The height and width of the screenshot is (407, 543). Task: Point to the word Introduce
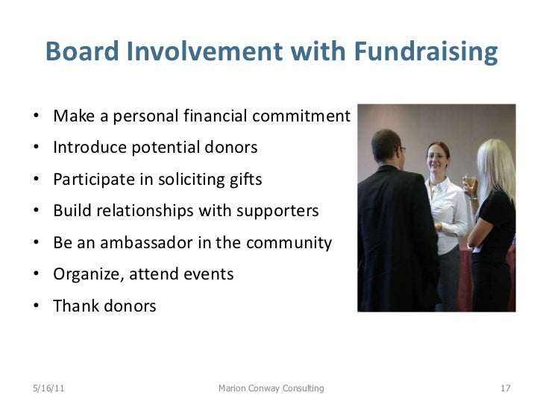87,148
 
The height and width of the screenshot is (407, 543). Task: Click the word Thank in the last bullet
74,306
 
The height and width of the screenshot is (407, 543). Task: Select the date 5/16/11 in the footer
48,388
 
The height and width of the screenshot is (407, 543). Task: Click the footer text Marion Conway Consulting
271,388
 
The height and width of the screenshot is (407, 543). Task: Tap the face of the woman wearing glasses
436,158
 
